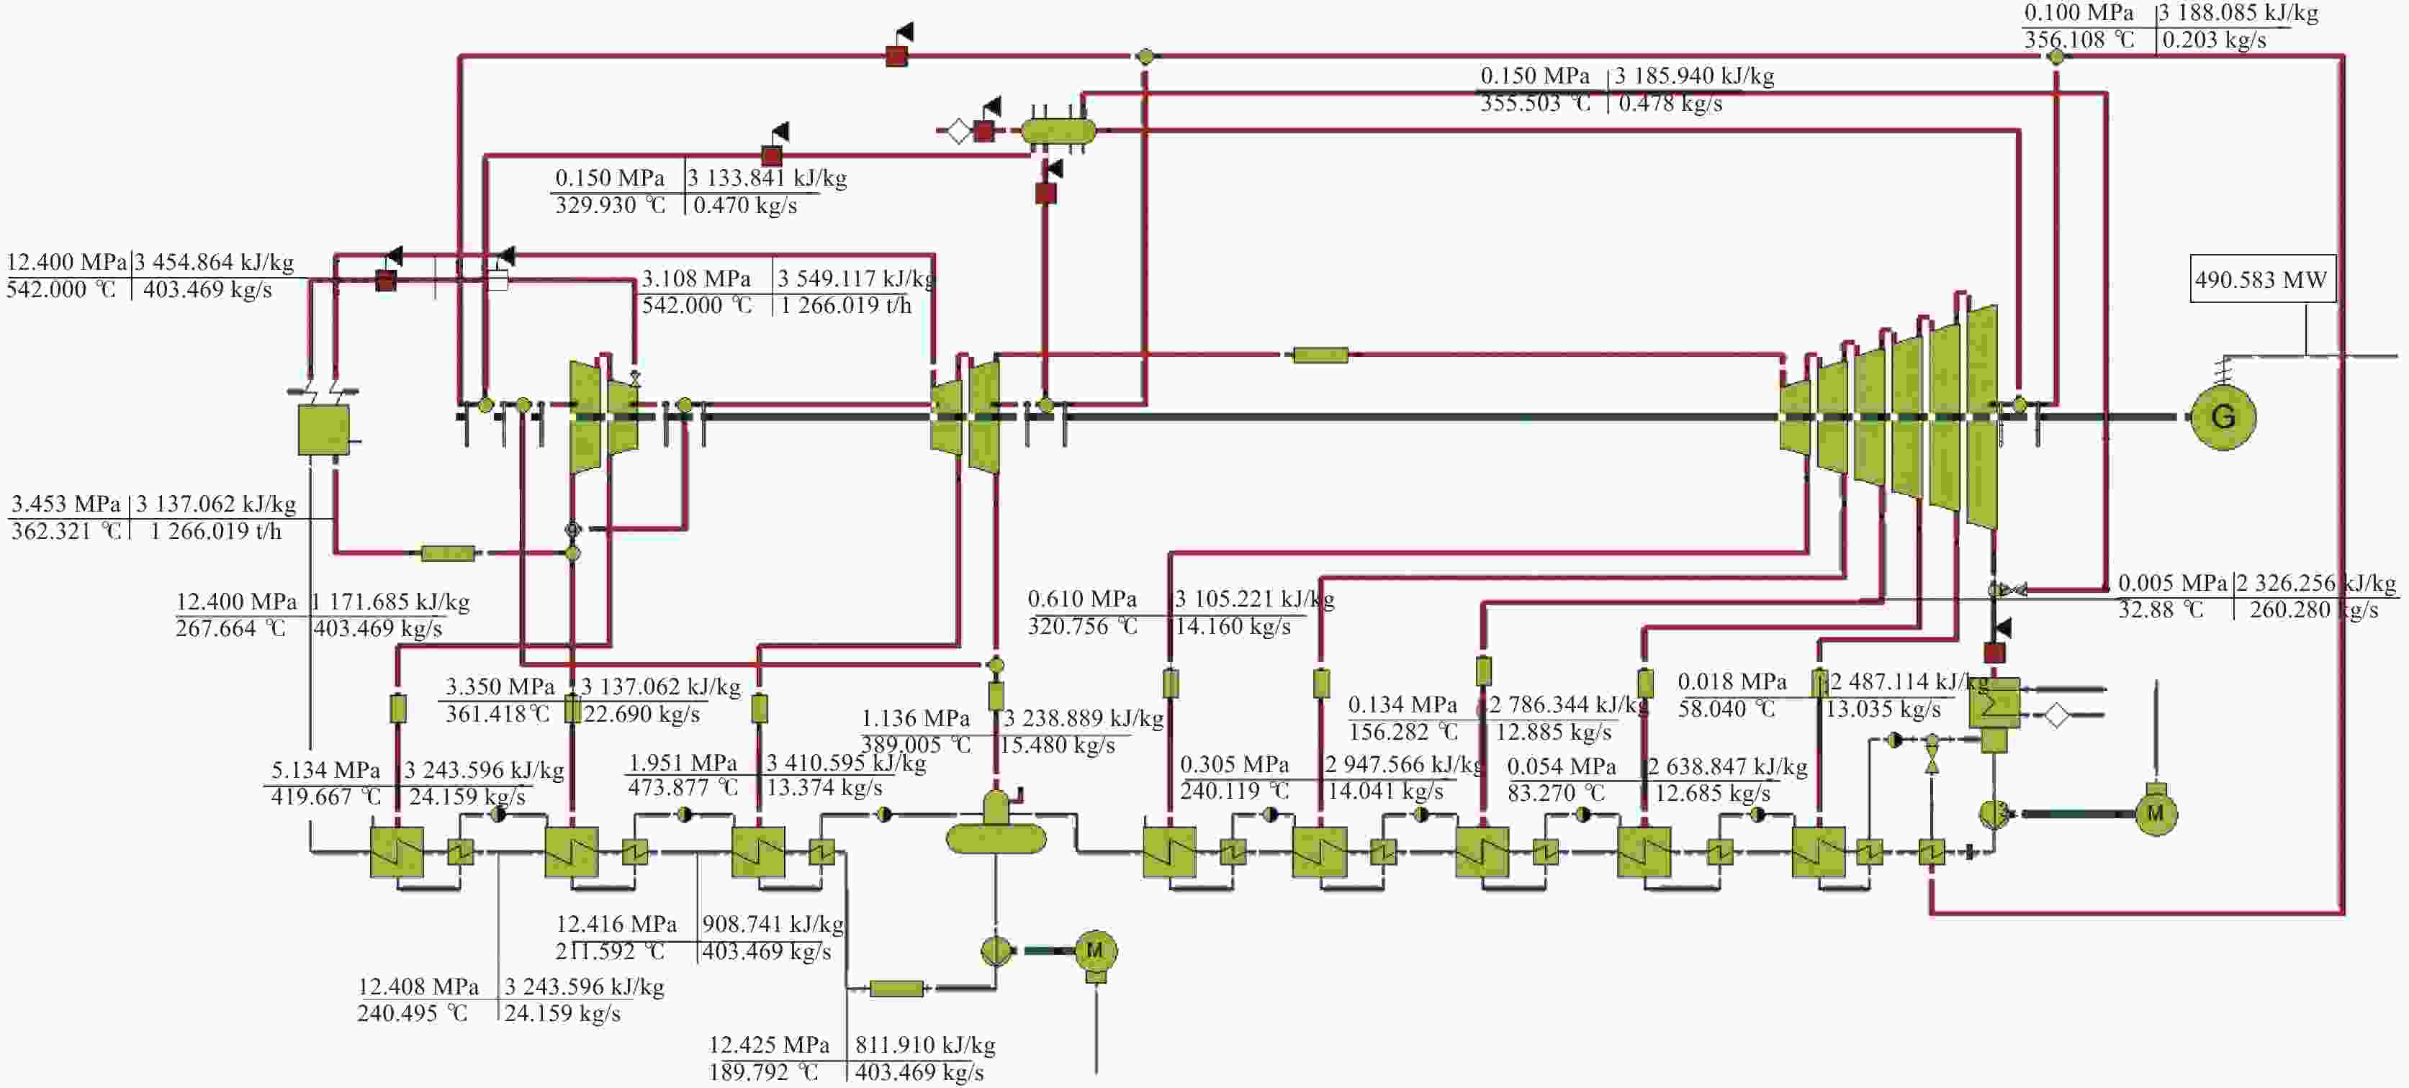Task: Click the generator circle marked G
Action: pyautogui.click(x=2223, y=417)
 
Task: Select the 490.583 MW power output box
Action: pyautogui.click(x=2261, y=278)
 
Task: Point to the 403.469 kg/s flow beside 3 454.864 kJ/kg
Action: pyautogui.click(x=207, y=290)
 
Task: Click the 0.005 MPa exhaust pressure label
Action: pyautogui.click(x=2172, y=584)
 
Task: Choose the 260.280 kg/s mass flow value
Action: pyautogui.click(x=2314, y=610)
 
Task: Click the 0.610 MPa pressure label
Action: pyautogui.click(x=1082, y=599)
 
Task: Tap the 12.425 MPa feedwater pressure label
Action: pyautogui.click(x=769, y=1045)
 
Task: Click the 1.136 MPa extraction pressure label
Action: pyautogui.click(x=916, y=719)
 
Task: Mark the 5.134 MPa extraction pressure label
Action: pyautogui.click(x=325, y=770)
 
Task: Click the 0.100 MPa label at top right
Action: pyautogui.click(x=2079, y=13)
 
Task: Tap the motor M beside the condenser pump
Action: pyautogui.click(x=2156, y=813)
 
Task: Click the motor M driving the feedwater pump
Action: pyautogui.click(x=1095, y=951)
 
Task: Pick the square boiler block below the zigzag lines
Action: pyautogui.click(x=323, y=429)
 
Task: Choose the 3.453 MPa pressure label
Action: pyautogui.click(x=66, y=504)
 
